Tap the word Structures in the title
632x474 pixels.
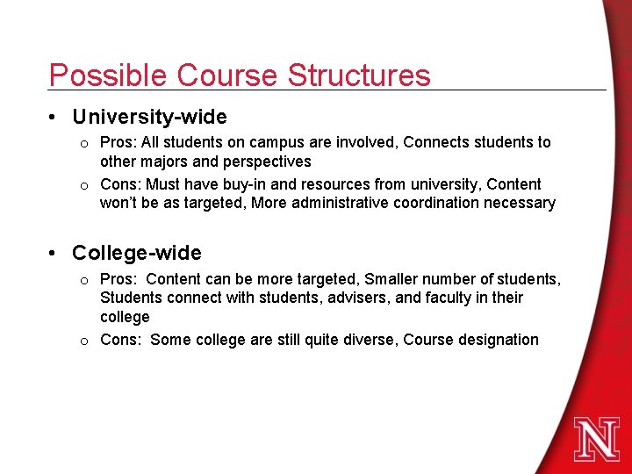[x=359, y=75]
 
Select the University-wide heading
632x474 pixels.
[x=149, y=117]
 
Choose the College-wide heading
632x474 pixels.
[x=137, y=254]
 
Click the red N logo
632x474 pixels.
[x=597, y=438]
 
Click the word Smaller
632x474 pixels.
[x=391, y=279]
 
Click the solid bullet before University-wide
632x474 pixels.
[x=54, y=118]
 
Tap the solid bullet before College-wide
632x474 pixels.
[x=54, y=255]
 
